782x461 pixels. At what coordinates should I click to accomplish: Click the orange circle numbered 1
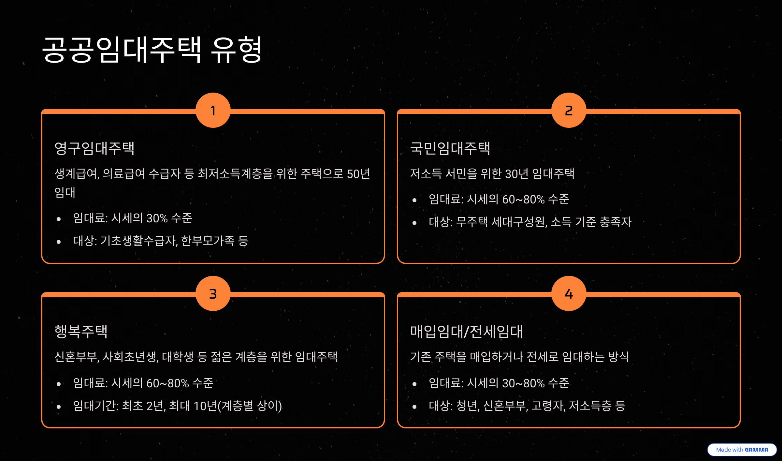213,111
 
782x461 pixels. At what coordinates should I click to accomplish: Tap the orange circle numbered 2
569,111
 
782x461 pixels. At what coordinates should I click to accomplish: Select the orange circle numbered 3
213,294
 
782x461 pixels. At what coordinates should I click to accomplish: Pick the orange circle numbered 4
569,294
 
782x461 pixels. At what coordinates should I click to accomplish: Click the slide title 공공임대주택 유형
152,50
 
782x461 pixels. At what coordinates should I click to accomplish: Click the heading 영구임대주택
94,148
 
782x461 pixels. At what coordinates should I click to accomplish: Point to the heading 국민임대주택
450,148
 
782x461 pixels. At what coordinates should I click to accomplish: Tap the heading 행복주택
81,332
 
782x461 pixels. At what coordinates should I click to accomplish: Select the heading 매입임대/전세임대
466,332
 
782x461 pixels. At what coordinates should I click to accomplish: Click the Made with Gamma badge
742,450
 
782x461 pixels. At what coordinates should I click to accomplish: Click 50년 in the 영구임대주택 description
358,174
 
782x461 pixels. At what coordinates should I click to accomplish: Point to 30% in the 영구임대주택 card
157,218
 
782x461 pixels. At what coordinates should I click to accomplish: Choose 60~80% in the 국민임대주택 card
523,199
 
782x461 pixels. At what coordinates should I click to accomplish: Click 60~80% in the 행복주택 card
167,383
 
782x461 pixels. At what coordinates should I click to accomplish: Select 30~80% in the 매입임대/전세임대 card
523,383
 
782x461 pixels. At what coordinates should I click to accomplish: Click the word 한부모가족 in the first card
208,241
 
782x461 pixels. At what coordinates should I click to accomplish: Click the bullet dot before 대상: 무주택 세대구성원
414,223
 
